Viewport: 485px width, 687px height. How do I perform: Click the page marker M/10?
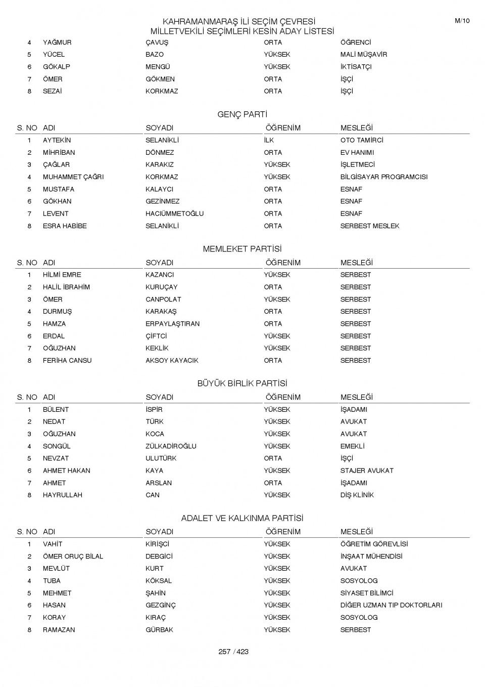(x=462, y=21)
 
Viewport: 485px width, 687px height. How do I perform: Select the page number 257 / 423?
(x=233, y=652)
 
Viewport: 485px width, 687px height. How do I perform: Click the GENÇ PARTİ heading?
(x=242, y=114)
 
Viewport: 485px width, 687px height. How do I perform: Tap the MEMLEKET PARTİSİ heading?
(x=242, y=249)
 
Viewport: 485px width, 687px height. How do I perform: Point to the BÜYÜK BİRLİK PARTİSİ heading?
(x=242, y=383)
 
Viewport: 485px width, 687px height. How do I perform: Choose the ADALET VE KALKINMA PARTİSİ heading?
(x=242, y=518)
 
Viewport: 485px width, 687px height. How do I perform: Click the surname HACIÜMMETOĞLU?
(x=174, y=213)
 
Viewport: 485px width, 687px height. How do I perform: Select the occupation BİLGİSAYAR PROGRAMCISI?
(x=383, y=177)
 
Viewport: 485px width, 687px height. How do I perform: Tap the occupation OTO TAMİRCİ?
(x=361, y=140)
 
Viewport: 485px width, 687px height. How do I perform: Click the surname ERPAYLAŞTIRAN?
(x=172, y=324)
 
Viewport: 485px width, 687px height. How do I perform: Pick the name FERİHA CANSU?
(x=67, y=361)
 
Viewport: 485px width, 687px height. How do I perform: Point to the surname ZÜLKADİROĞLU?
(x=171, y=446)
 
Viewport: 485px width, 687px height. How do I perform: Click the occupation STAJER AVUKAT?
(x=366, y=470)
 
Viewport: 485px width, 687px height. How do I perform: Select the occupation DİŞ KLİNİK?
(x=357, y=495)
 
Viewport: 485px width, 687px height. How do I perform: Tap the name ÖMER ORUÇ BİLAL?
(x=73, y=556)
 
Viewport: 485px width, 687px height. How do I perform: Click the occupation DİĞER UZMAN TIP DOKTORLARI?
(x=391, y=605)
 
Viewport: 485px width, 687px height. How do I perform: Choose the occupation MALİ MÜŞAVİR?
(x=363, y=55)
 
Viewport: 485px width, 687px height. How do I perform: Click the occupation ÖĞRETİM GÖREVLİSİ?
(x=374, y=544)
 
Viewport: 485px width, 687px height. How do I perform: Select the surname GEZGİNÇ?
(x=160, y=605)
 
